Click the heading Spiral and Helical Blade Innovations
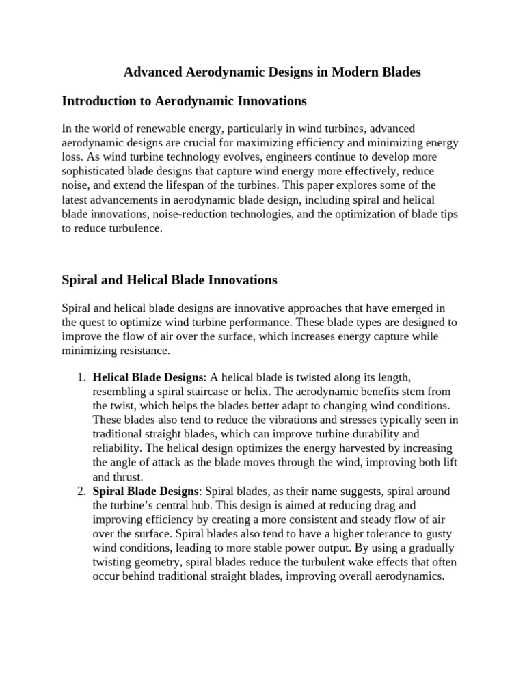click(170, 280)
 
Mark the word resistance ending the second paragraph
click(142, 350)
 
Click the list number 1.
click(80, 377)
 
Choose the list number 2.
click(80, 492)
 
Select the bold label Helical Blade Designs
click(148, 377)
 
